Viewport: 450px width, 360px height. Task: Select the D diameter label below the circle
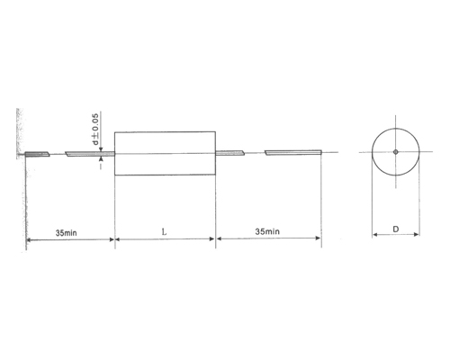coord(396,229)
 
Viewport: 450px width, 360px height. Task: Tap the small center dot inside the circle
coord(395,151)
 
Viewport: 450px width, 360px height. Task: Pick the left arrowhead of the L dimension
coord(119,239)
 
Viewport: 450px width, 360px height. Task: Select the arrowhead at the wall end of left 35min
coord(29,239)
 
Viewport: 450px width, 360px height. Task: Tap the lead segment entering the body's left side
coord(88,154)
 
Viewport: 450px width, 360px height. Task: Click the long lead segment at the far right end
coord(292,153)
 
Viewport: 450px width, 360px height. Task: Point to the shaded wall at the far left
coord(18,135)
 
